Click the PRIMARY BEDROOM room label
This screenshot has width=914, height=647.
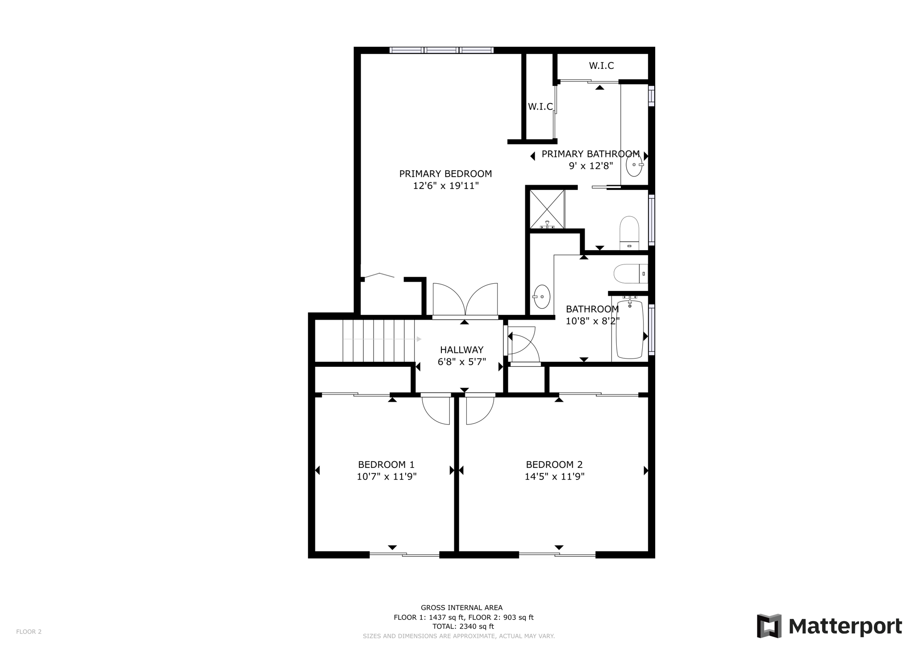[x=445, y=174]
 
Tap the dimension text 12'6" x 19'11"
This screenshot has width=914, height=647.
[x=445, y=186]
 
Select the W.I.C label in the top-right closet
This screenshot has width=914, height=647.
[x=601, y=66]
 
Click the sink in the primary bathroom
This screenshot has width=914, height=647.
[x=634, y=164]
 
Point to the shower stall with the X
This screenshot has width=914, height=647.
[x=547, y=209]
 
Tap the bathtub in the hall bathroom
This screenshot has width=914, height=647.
[x=630, y=330]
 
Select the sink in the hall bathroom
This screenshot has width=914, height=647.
[x=542, y=297]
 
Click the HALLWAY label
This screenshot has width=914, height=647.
[x=461, y=350]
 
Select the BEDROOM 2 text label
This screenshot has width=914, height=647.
[x=554, y=465]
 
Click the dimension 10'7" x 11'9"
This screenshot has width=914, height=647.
[x=386, y=477]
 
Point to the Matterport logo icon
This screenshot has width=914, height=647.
[x=769, y=626]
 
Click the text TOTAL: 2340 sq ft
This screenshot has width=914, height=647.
[x=463, y=626]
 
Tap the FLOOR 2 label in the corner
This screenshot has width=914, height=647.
[x=29, y=631]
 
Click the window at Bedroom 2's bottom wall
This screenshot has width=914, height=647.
[x=557, y=555]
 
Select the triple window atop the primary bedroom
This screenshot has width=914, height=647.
[x=441, y=50]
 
